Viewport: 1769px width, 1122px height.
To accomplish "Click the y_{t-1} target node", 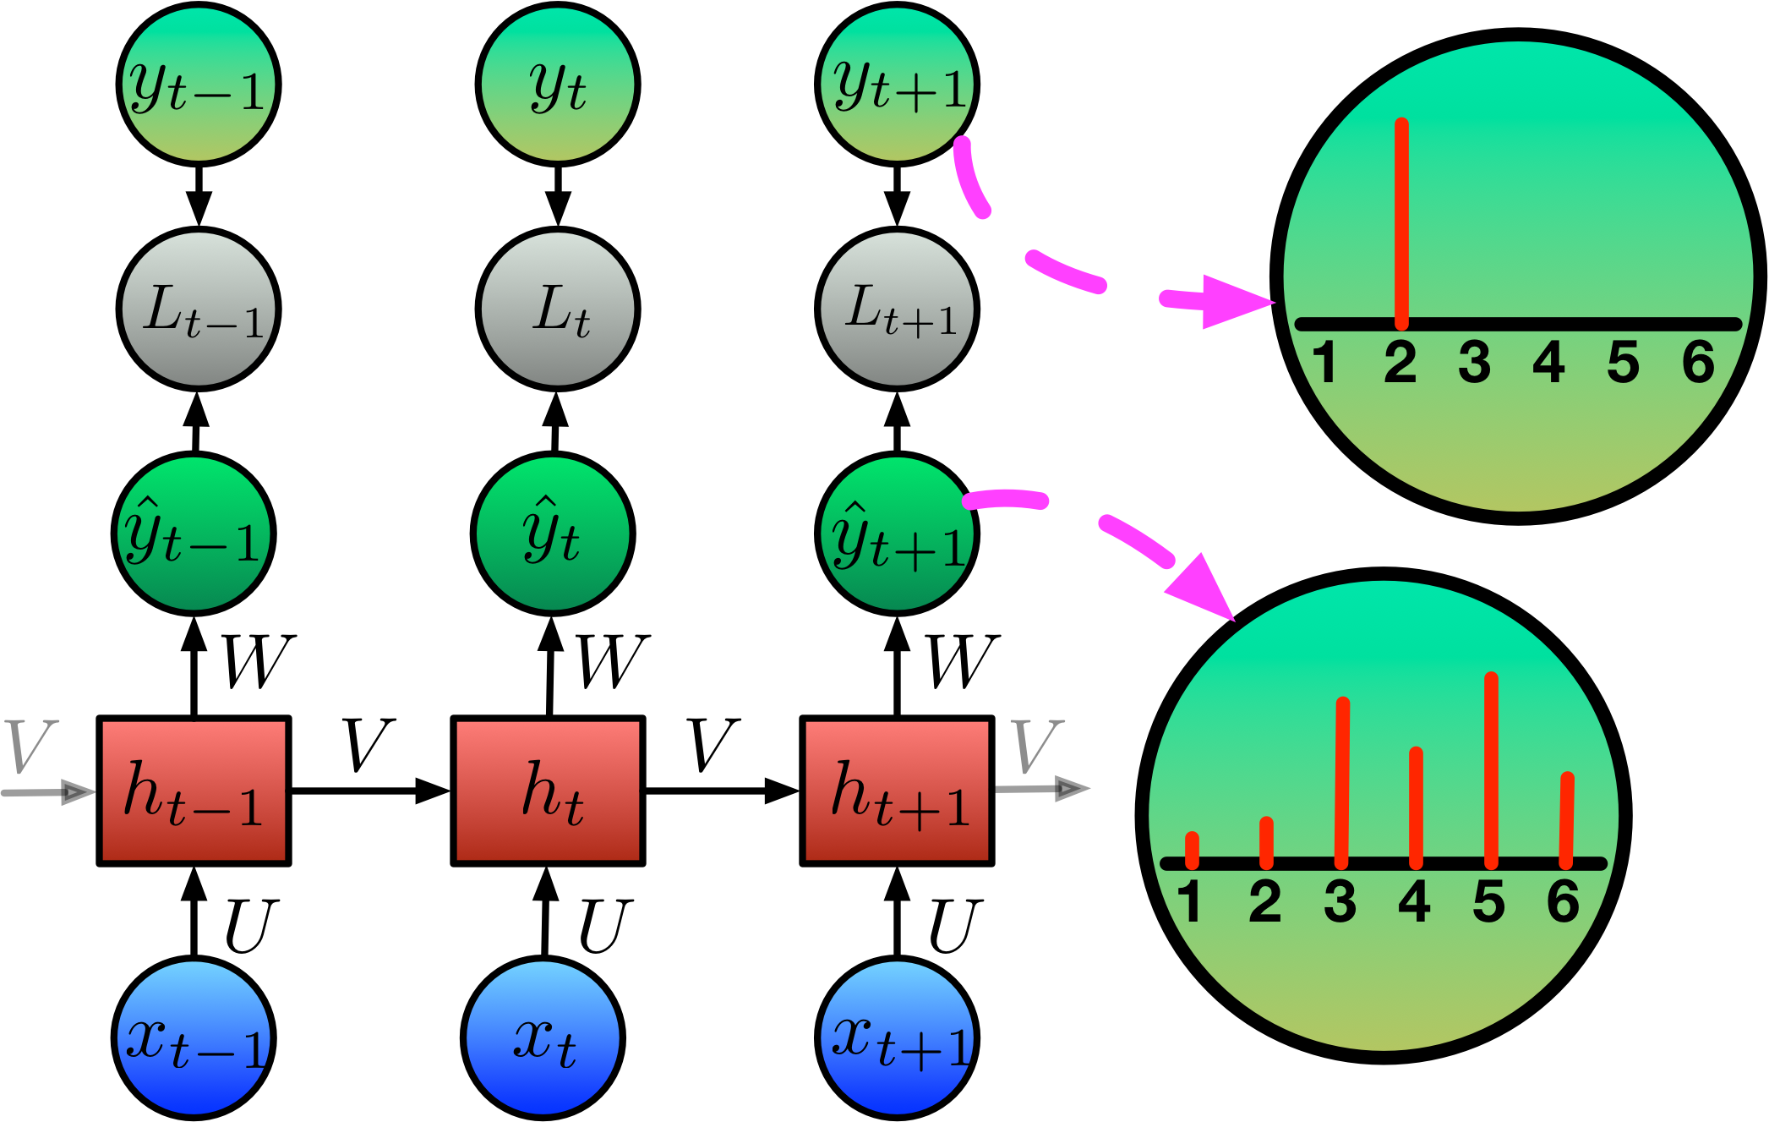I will pyautogui.click(x=199, y=85).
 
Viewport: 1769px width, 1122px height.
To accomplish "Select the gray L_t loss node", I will pyautogui.click(x=558, y=309).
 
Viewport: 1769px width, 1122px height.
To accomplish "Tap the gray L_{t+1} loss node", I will pyautogui.click(x=897, y=309).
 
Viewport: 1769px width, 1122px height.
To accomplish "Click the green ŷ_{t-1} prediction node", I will pyautogui.click(x=194, y=534).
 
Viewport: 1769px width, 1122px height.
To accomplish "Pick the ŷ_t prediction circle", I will pyautogui.click(x=553, y=534).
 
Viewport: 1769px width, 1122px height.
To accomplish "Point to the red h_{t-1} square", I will pyautogui.click(x=194, y=791).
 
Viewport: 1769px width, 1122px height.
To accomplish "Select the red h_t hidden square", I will pyautogui.click(x=548, y=791).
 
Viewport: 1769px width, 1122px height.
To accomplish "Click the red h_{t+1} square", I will pyautogui.click(x=897, y=791).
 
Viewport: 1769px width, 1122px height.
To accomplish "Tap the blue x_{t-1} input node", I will pyautogui.click(x=194, y=1037).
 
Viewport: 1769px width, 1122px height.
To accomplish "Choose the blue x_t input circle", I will pyautogui.click(x=543, y=1037).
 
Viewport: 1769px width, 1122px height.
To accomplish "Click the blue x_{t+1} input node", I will pyautogui.click(x=897, y=1037).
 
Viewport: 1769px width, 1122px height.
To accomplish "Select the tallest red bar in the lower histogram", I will pyautogui.click(x=1491, y=769).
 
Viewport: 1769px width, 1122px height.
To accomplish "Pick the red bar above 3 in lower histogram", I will pyautogui.click(x=1342, y=782).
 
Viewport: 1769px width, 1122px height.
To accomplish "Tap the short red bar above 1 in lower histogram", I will pyautogui.click(x=1192, y=850).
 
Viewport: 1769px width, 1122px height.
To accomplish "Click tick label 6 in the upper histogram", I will pyautogui.click(x=1698, y=363).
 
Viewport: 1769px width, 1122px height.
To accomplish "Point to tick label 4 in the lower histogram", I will pyautogui.click(x=1414, y=901).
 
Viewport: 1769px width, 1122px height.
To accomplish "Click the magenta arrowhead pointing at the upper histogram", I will pyautogui.click(x=1234, y=302).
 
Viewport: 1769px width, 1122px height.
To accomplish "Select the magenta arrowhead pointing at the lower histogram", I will pyautogui.click(x=1204, y=588).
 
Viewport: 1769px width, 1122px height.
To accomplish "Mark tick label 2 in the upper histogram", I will pyautogui.click(x=1400, y=363).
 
